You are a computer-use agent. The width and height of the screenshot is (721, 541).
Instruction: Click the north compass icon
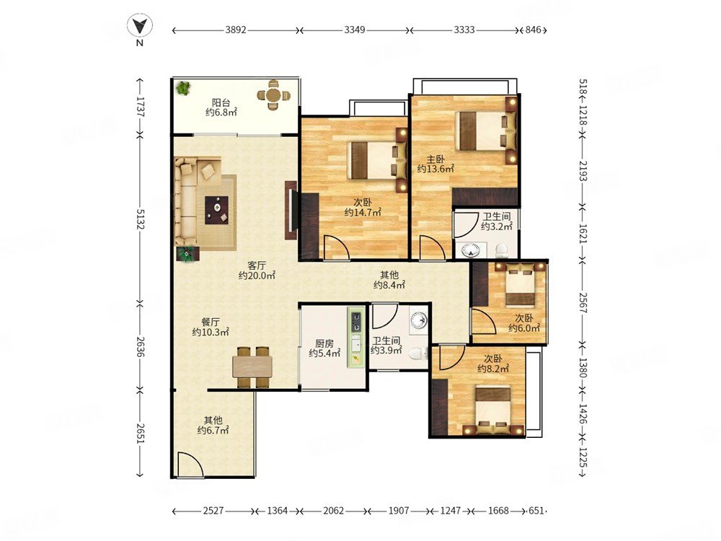pyautogui.click(x=140, y=25)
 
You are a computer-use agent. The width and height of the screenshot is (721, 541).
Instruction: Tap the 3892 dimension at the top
pyautogui.click(x=236, y=30)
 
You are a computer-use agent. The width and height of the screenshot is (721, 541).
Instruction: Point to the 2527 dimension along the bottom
pyautogui.click(x=213, y=511)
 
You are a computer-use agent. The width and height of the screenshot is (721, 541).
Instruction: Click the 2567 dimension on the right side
pyautogui.click(x=582, y=303)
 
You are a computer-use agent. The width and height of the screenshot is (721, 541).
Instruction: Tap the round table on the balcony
pyautogui.click(x=273, y=96)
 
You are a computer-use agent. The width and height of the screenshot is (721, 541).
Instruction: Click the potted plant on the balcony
pyautogui.click(x=183, y=87)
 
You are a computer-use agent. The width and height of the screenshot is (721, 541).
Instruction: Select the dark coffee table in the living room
pyautogui.click(x=216, y=210)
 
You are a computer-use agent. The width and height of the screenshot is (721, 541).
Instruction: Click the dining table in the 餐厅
pyautogui.click(x=252, y=366)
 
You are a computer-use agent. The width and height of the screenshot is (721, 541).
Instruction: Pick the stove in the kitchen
pyautogui.click(x=356, y=322)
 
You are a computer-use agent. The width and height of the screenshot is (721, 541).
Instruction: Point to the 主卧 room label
pyautogui.click(x=435, y=159)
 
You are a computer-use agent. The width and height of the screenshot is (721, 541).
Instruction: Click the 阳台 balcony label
pyautogui.click(x=221, y=102)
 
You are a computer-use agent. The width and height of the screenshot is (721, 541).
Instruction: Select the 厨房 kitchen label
pyautogui.click(x=324, y=343)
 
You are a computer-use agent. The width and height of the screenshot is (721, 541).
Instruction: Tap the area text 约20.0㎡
pyautogui.click(x=257, y=276)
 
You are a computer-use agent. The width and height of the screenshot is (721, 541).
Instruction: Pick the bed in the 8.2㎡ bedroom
pyautogui.click(x=492, y=410)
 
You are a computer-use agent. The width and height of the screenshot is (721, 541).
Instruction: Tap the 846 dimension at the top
pyautogui.click(x=533, y=30)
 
